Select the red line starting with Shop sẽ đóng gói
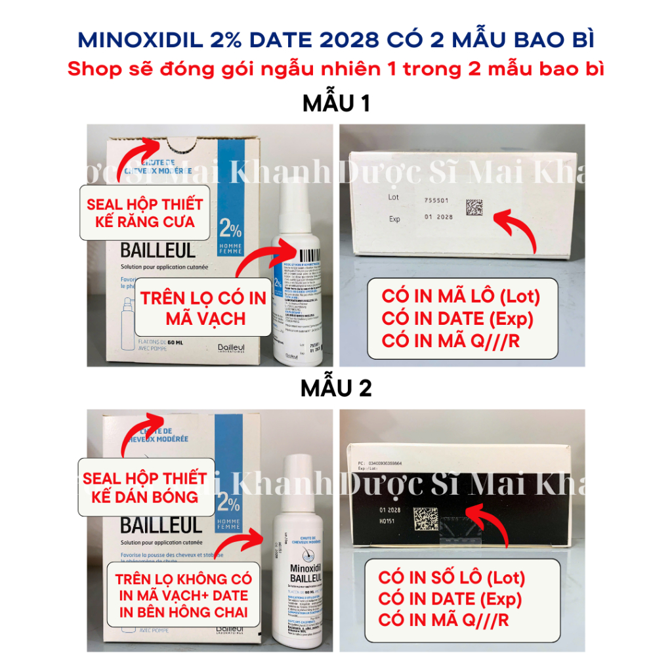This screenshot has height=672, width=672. pos(335,69)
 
